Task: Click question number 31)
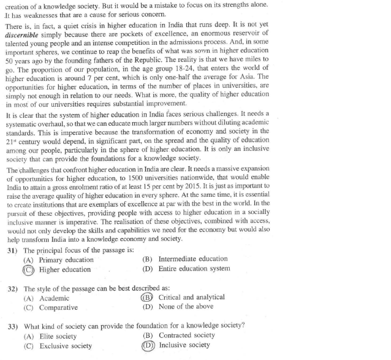[x=13, y=251]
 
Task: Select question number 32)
[x=13, y=288]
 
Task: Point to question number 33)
[x=13, y=325]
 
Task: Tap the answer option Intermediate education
[x=192, y=259]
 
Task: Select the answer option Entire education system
[x=194, y=268]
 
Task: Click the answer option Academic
[x=55, y=298]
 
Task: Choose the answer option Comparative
[x=59, y=307]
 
